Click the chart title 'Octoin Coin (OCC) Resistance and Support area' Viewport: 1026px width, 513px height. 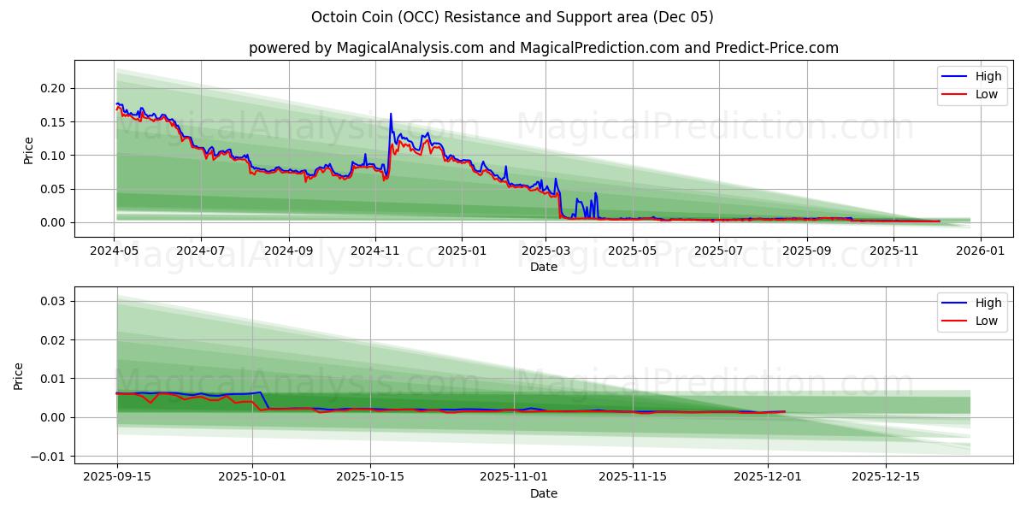tap(512, 17)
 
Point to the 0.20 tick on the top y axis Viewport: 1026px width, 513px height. tap(53, 88)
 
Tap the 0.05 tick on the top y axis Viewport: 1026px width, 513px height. tap(53, 189)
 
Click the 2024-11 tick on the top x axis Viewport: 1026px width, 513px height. tap(374, 251)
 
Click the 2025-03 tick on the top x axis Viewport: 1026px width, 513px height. tap(546, 251)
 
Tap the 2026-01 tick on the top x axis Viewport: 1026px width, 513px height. tap(980, 251)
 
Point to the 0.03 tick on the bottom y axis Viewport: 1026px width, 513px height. tap(53, 301)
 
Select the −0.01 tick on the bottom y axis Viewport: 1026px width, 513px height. tap(50, 456)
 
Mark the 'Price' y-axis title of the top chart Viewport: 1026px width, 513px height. tap(29, 150)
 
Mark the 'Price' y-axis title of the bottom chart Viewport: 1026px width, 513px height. tap(19, 376)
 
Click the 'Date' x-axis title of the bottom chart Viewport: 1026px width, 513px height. tap(543, 493)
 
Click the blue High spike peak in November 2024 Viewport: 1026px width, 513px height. tap(391, 114)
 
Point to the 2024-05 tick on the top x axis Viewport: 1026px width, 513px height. tap(114, 251)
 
